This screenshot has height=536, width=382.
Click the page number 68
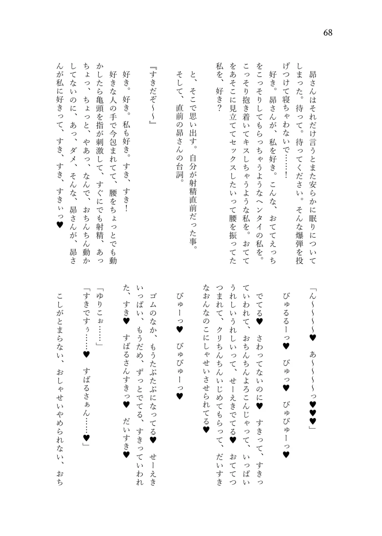point(328,33)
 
